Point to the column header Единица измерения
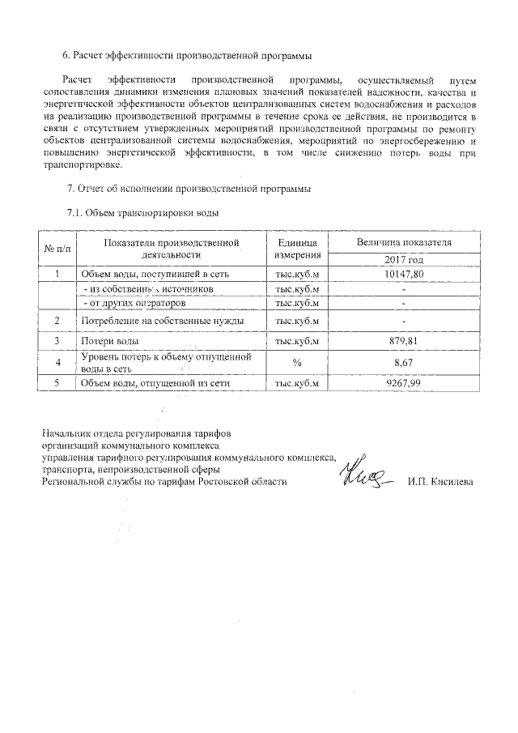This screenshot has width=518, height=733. click(x=297, y=249)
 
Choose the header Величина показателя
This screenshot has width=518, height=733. click(x=404, y=242)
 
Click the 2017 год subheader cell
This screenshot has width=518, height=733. click(x=404, y=260)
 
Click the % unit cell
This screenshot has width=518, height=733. click(x=297, y=362)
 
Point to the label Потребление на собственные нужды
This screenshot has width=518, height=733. click(x=161, y=322)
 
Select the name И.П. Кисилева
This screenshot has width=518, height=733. click(x=441, y=482)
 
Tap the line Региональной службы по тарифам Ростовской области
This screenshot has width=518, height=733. click(x=165, y=482)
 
